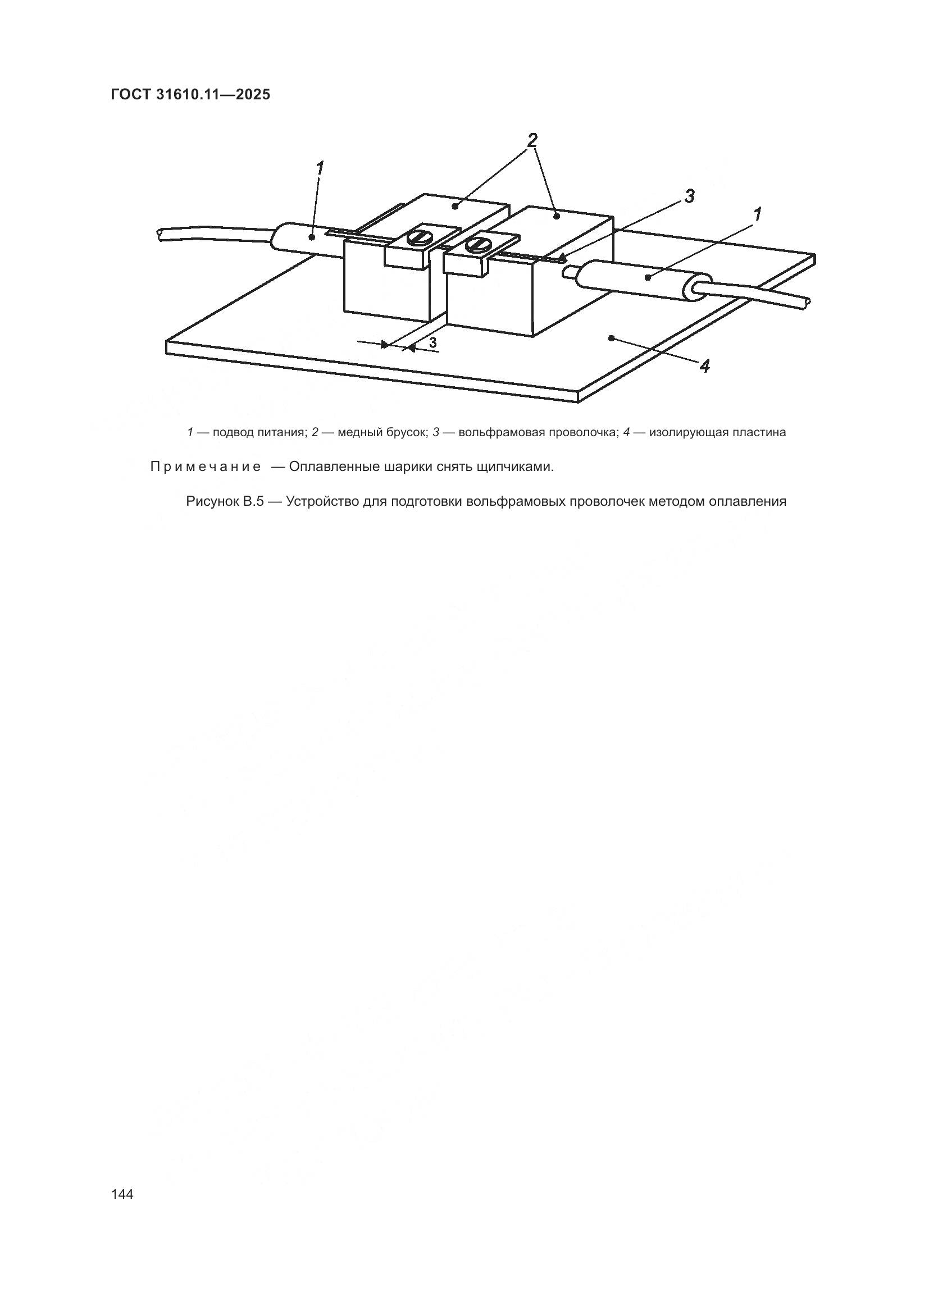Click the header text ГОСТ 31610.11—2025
coord(190,95)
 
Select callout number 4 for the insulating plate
coord(705,366)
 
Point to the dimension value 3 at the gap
coord(433,342)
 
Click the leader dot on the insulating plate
coord(612,338)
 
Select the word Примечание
coord(206,467)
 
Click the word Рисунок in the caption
coord(211,501)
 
